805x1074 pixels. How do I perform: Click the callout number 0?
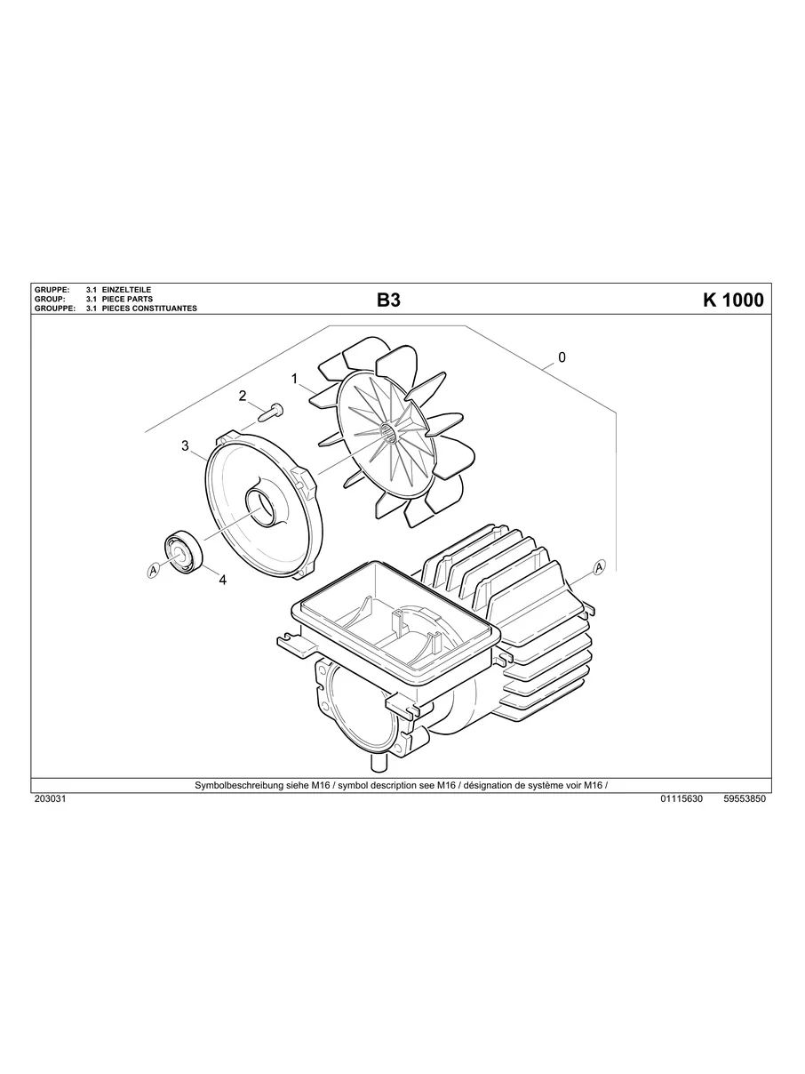562,357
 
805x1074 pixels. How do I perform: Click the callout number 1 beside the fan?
294,378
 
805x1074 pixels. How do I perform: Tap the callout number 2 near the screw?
243,397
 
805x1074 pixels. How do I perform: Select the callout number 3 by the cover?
185,445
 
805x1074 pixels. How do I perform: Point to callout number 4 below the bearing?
222,580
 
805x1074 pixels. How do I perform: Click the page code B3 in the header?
388,301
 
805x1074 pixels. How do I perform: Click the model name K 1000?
732,301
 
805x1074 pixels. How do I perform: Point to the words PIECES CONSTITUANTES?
149,309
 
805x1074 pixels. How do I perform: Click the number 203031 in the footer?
50,799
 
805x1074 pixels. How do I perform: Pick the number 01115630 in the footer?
681,799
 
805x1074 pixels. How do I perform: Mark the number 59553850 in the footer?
745,799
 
